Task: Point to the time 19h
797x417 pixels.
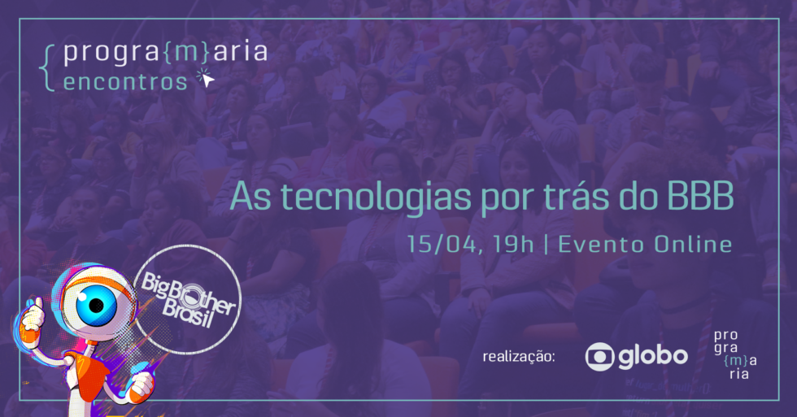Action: point(512,243)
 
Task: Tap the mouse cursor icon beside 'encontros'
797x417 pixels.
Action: point(205,79)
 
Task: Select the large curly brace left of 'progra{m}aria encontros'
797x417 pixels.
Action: point(50,67)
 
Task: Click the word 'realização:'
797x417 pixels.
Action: point(518,356)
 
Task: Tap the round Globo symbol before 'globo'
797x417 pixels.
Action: point(599,356)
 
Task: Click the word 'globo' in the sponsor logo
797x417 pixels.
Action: point(652,356)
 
